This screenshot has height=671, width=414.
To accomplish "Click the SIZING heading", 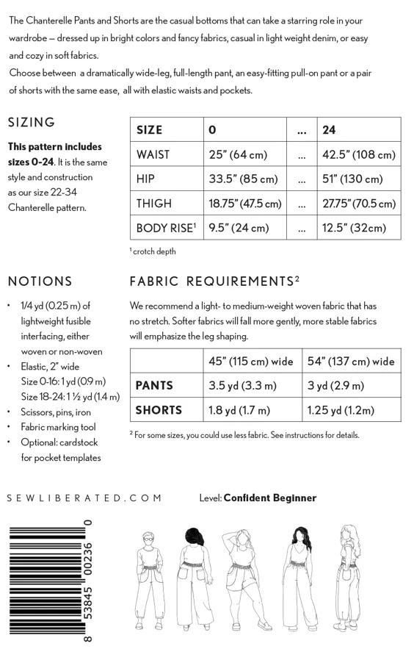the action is (x=32, y=122).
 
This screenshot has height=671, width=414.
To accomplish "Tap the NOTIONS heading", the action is (x=40, y=281).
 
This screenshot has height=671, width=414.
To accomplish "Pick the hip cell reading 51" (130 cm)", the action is (x=352, y=179).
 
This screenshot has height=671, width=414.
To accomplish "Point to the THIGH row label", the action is (x=154, y=203).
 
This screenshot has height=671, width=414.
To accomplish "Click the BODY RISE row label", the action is (x=166, y=228).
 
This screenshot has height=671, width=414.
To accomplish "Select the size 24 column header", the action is (x=330, y=130).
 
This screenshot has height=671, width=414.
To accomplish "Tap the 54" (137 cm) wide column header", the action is (x=351, y=361).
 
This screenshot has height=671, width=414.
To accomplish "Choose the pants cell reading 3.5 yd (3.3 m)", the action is (x=243, y=385).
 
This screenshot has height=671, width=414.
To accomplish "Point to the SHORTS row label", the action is (x=159, y=410).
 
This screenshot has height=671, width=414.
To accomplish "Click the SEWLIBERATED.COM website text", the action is (x=84, y=498).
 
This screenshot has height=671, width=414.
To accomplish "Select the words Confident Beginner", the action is (x=269, y=498).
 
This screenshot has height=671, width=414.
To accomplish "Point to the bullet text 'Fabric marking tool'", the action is (x=58, y=427).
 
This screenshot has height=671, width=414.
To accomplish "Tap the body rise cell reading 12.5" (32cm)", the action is (x=354, y=228).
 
